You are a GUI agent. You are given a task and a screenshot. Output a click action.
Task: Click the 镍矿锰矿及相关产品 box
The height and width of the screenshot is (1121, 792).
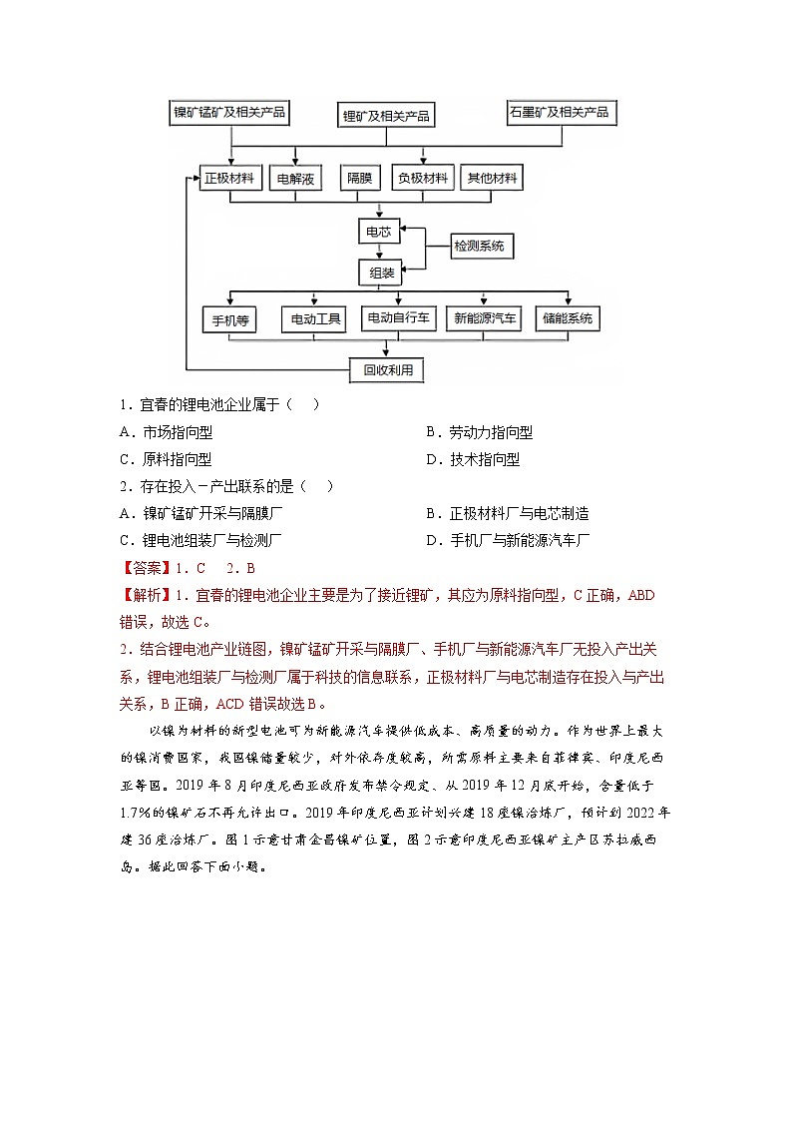(230, 113)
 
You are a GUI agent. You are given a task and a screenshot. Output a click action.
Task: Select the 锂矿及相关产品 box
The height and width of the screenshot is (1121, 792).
(386, 116)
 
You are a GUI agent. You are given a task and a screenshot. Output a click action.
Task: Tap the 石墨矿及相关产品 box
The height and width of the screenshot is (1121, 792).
(559, 113)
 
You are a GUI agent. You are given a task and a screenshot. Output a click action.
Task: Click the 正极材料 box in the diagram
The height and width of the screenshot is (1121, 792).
(231, 179)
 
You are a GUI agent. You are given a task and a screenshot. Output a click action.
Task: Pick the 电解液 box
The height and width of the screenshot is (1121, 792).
(296, 180)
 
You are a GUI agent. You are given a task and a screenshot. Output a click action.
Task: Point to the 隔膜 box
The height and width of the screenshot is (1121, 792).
(359, 180)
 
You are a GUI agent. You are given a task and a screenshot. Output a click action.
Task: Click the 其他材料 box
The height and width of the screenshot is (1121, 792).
(493, 179)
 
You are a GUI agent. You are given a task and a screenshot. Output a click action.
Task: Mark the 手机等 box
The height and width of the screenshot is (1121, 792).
(229, 320)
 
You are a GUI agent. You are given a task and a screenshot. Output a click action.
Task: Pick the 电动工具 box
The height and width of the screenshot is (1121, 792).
(313, 320)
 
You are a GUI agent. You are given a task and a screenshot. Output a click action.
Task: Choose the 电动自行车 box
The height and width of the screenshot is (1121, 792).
(397, 319)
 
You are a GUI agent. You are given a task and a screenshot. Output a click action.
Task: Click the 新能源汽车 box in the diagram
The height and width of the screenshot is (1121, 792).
(486, 319)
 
